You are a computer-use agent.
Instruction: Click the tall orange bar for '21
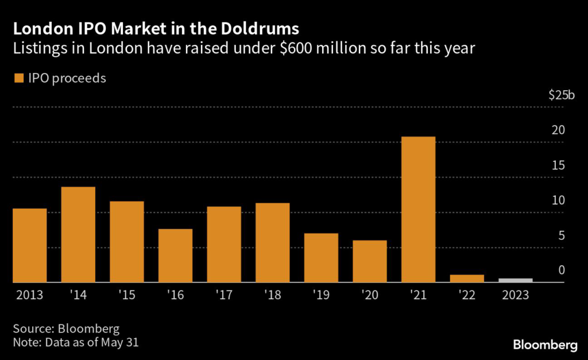click(x=419, y=210)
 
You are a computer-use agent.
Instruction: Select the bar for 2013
click(x=29, y=245)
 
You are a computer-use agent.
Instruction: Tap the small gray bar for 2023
click(x=516, y=280)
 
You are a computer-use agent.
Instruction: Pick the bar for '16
click(x=175, y=256)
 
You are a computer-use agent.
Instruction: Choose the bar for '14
click(x=78, y=234)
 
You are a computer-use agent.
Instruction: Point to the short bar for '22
click(x=467, y=278)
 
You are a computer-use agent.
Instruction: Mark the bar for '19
click(x=321, y=258)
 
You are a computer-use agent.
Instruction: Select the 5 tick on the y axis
click(x=562, y=236)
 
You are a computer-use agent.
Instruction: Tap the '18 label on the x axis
click(x=272, y=296)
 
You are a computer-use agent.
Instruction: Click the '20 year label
click(x=369, y=296)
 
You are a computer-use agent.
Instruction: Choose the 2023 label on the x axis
click(x=515, y=296)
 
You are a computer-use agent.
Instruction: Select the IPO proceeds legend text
click(x=65, y=79)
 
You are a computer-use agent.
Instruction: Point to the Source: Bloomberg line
click(x=66, y=329)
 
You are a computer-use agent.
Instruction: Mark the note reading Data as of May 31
click(x=76, y=343)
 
